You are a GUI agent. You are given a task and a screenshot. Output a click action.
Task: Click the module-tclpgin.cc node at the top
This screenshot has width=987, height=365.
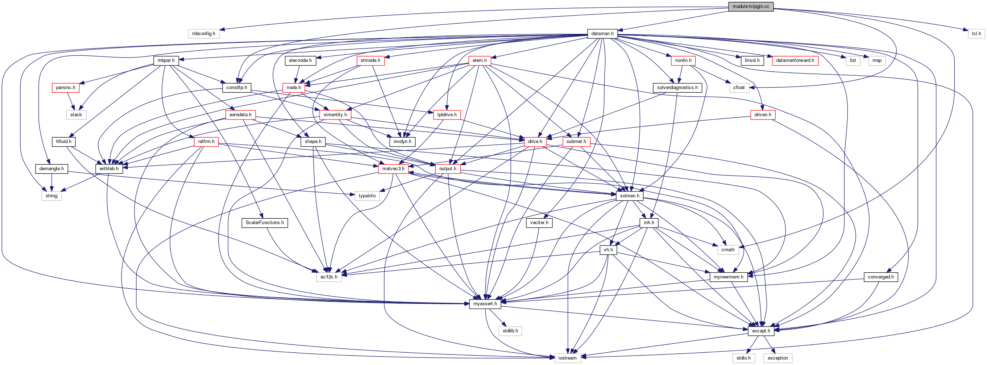[x=751, y=7]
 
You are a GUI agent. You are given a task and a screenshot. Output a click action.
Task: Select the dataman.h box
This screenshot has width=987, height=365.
[x=602, y=34]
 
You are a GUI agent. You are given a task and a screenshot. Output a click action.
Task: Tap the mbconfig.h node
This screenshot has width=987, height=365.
[x=203, y=34]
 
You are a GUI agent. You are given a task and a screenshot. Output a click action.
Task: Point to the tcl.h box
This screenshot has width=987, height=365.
[x=976, y=34]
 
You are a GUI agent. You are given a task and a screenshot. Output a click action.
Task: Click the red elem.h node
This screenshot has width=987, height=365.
[x=480, y=60]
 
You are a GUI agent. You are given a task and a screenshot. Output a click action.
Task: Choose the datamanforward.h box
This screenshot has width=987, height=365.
[x=795, y=60]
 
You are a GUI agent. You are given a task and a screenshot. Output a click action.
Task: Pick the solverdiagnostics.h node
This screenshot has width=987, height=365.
[x=677, y=88]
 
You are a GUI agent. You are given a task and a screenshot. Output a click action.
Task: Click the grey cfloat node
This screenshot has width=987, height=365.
[x=739, y=88]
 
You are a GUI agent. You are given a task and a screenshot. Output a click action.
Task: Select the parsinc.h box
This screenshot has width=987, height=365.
[x=66, y=88]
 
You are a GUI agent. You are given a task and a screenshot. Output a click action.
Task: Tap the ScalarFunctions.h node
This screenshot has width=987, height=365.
[x=265, y=223]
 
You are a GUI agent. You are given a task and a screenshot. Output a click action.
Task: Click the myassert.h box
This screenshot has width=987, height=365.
[x=485, y=304]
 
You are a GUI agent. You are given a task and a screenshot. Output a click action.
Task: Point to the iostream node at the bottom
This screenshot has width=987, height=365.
[x=568, y=358]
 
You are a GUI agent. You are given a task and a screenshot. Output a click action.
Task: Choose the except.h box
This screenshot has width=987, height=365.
[x=761, y=331]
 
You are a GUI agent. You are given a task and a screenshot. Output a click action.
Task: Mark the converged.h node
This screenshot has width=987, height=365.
[x=880, y=277]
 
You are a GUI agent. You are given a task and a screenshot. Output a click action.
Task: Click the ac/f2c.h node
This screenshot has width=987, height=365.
[x=329, y=277]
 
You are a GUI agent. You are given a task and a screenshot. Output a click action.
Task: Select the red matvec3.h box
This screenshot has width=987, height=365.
[x=393, y=169]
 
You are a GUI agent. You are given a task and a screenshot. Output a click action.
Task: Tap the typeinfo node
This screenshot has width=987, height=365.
[x=367, y=196]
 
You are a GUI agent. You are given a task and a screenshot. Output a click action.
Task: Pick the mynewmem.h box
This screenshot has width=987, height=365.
[x=728, y=277]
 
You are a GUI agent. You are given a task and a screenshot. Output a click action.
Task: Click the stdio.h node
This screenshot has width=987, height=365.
[x=744, y=358]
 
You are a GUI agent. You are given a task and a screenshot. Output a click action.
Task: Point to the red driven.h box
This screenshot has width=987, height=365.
[x=763, y=115]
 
